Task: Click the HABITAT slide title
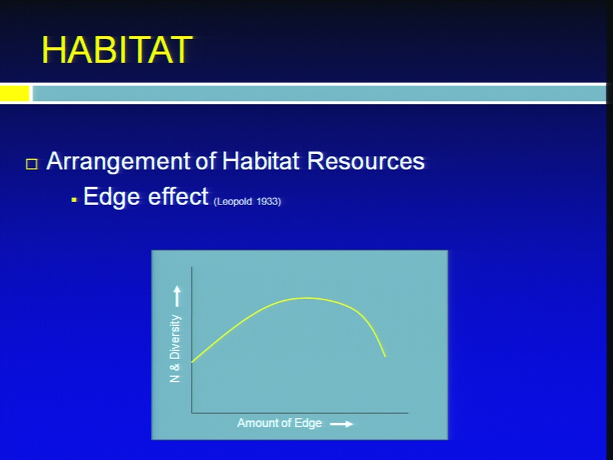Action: click(x=117, y=50)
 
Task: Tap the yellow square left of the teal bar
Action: click(x=15, y=93)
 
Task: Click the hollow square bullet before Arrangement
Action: click(x=32, y=164)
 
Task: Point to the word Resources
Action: click(x=366, y=161)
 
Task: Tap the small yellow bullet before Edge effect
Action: click(x=74, y=200)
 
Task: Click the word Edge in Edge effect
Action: click(x=112, y=197)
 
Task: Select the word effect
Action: click(x=178, y=196)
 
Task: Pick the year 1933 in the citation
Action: click(x=269, y=201)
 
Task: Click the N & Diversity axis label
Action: click(x=175, y=349)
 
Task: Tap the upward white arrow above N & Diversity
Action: click(x=177, y=296)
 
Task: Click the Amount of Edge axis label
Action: click(x=280, y=423)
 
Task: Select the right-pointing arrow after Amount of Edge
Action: click(x=342, y=424)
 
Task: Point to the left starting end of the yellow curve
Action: click(x=192, y=362)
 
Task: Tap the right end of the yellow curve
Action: click(x=386, y=356)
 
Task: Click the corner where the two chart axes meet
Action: click(x=192, y=412)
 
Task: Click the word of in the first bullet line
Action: click(x=206, y=160)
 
